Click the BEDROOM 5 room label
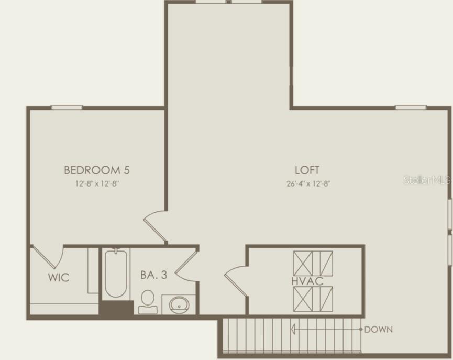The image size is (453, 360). pos(97,170)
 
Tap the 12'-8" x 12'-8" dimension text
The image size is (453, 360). pos(97,184)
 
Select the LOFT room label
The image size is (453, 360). pos(307,170)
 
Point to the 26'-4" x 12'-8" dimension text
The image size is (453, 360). pos(308,184)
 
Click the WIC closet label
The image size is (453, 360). pos(59,277)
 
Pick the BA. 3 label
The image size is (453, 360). pos(153,275)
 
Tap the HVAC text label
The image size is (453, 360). pos(307,281)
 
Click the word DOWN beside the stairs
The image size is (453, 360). pos(378,330)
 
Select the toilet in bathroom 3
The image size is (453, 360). pos(148,302)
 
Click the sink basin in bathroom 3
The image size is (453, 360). pos(180,304)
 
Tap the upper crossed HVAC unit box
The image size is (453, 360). pos(313,263)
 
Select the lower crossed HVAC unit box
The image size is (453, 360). pos(313,299)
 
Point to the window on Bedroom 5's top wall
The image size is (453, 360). pos(67,107)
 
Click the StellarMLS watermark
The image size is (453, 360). pos(427,180)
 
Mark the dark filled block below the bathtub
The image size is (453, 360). pos(116,308)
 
